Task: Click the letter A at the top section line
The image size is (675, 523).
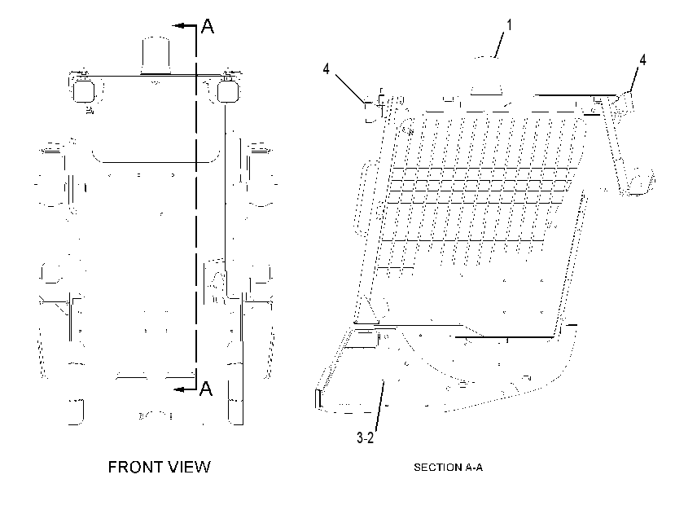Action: coord(208,26)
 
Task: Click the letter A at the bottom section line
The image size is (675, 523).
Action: coord(206,389)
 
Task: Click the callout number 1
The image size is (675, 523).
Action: coord(509,25)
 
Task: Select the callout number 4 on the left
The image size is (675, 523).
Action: coord(327,68)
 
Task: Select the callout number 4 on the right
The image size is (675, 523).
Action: coord(642,59)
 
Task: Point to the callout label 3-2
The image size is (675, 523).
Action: coord(365,438)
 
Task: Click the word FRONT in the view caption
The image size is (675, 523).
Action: coord(133,467)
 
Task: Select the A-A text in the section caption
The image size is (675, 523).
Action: coord(473,468)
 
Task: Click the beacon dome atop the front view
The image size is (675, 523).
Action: coord(156,56)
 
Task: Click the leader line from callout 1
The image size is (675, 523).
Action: coord(500,46)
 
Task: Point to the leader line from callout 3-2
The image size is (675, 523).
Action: coord(379,405)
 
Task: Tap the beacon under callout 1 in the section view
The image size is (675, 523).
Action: coord(486,76)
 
